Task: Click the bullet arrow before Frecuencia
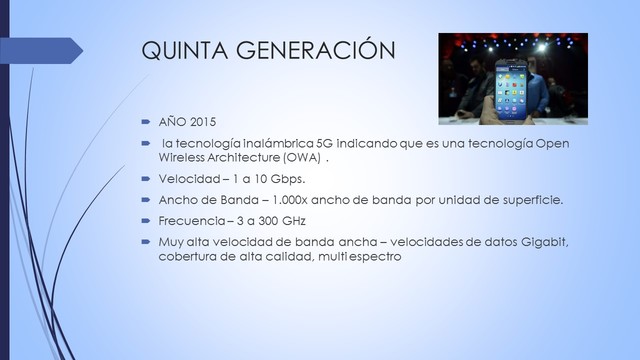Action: pyautogui.click(x=144, y=220)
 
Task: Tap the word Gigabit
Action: pyautogui.click(x=545, y=242)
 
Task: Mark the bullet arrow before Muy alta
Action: pyautogui.click(x=144, y=242)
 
